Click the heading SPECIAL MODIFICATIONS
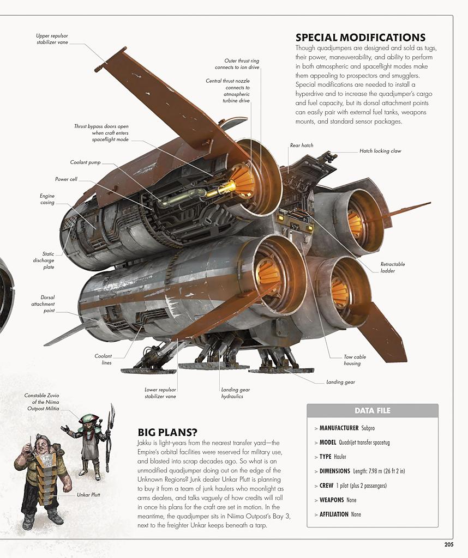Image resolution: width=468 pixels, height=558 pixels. [361, 38]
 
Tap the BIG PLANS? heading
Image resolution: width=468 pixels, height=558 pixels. [167, 432]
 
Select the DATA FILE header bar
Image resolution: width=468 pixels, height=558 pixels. [373, 411]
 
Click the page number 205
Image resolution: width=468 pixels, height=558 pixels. [448, 544]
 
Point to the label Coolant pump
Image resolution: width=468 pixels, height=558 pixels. [85, 162]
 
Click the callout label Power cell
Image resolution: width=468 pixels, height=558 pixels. [66, 179]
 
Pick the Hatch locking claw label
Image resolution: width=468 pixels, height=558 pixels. [380, 151]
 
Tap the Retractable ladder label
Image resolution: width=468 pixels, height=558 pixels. [393, 267]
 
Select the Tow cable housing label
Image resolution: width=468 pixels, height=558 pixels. [355, 360]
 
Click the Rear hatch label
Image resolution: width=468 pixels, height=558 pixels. [301, 145]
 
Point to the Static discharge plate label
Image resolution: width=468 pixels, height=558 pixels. [44, 260]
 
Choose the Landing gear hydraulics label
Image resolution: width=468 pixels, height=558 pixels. [236, 393]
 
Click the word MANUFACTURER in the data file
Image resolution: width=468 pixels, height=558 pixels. [339, 428]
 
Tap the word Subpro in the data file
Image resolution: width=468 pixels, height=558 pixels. [368, 428]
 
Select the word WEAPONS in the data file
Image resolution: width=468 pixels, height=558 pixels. [332, 500]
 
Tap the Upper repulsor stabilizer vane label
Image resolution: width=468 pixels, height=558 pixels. [52, 39]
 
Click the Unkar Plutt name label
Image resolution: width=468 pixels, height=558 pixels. [88, 495]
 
